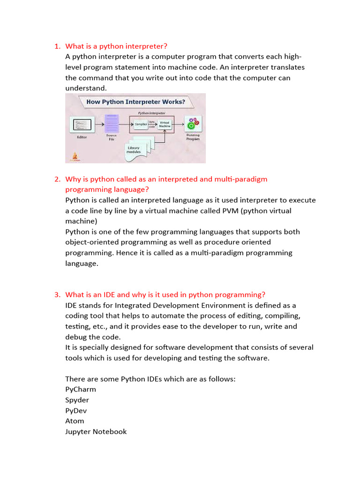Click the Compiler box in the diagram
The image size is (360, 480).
[x=141, y=124]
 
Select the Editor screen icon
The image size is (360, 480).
[x=82, y=125]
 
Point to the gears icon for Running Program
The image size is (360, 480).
[x=193, y=125]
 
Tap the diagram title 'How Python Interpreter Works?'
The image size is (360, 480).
[x=135, y=101]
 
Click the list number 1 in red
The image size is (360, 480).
[x=57, y=46]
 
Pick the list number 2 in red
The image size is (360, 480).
[x=57, y=179]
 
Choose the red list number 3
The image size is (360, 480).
[x=57, y=295]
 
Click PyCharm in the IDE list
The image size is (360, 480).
[x=81, y=390]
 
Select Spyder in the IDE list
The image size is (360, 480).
[x=77, y=400]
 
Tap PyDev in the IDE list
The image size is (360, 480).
[x=76, y=411]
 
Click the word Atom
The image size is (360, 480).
[x=75, y=421]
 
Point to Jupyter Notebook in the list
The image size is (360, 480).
[x=96, y=432]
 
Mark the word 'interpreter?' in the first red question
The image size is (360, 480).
[x=146, y=46]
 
